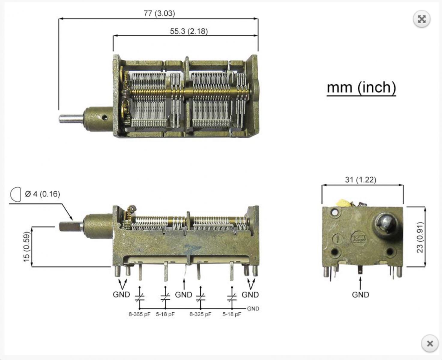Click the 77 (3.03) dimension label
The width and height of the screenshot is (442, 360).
click(159, 13)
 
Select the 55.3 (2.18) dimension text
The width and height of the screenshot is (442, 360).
click(189, 31)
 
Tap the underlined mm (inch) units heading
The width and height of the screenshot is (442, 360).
click(361, 88)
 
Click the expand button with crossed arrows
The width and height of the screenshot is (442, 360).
click(422, 19)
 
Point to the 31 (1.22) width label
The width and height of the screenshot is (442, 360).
click(361, 179)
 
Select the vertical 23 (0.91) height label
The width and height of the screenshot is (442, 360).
click(420, 237)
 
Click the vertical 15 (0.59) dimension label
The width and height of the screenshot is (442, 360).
click(26, 247)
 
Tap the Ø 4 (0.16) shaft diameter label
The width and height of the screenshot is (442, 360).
click(43, 194)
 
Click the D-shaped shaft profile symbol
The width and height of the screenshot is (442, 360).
click(16, 194)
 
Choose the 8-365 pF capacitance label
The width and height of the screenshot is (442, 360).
click(139, 314)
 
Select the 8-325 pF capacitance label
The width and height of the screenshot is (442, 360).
click(200, 314)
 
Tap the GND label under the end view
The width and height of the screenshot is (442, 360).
click(360, 295)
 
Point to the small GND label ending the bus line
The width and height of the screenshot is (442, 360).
click(253, 308)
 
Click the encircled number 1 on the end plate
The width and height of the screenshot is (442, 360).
click(338, 239)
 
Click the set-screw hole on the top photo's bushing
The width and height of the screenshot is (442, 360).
click(104, 118)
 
